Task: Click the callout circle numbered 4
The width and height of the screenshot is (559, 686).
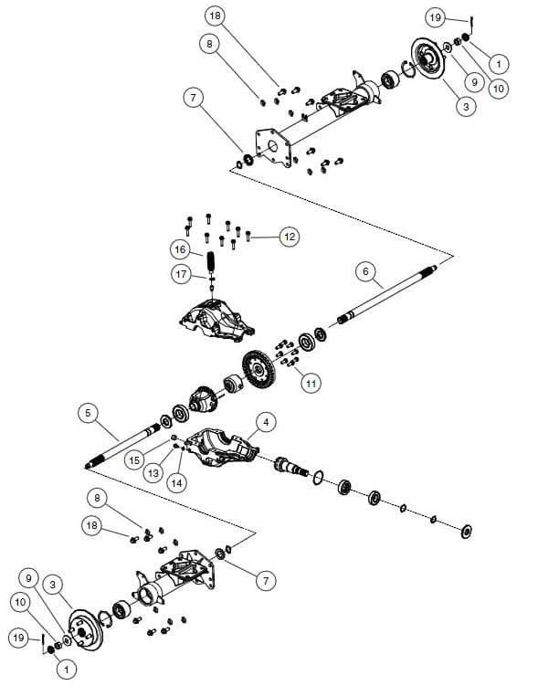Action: pos(265,422)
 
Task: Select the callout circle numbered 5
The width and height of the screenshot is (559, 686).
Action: pos(88,413)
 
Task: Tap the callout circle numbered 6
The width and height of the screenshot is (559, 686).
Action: pos(364,271)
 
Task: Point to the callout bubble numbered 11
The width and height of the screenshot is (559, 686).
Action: pos(311,384)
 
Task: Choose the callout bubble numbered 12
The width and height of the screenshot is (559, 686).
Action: pos(289,237)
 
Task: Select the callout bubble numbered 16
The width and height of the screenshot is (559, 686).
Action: pos(180,248)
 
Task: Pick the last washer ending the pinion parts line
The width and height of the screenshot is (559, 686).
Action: pos(467,530)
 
